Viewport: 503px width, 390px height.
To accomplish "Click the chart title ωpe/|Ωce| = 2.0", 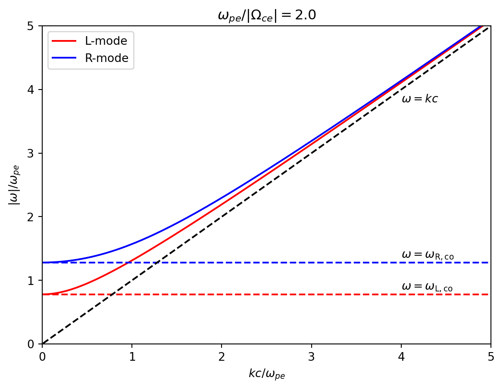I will [267, 15].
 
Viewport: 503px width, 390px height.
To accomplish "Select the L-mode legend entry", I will [106, 41].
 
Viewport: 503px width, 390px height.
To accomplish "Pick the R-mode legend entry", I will [106, 58].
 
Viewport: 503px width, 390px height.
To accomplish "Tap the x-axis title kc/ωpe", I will [267, 374].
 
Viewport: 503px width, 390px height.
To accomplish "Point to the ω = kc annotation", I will [419, 99].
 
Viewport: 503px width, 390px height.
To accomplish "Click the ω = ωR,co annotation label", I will [427, 255].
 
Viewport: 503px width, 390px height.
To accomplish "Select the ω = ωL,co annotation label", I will [427, 287].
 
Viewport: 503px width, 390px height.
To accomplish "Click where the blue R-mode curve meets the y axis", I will [43, 262].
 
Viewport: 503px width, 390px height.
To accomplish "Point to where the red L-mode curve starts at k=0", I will [43, 294].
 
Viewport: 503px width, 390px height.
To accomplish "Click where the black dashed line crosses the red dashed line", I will [112, 294].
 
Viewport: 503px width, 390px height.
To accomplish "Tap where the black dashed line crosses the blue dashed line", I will [157, 262].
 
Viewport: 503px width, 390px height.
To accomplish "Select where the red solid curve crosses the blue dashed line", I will [128, 262].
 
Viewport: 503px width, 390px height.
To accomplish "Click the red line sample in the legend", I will [64, 41].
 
